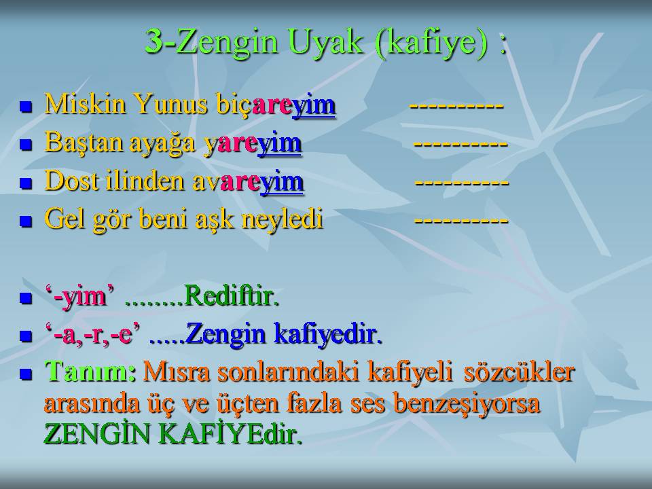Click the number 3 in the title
(x=154, y=41)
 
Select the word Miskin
(x=86, y=103)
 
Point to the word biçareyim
(x=276, y=105)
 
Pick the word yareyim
(x=253, y=144)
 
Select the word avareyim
(x=249, y=183)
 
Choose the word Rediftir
(x=231, y=296)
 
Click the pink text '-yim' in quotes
(x=79, y=297)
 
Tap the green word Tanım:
(x=90, y=372)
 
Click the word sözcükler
(x=520, y=372)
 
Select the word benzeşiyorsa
(x=467, y=404)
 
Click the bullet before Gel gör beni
(x=26, y=221)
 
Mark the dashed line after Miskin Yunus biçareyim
(x=456, y=106)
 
